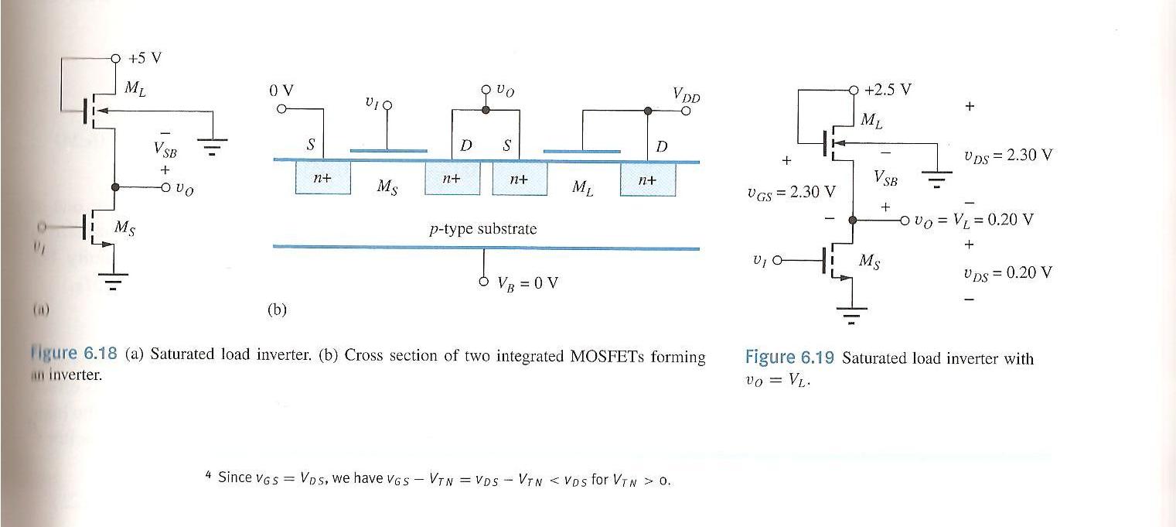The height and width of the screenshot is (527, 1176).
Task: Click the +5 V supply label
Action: click(x=145, y=58)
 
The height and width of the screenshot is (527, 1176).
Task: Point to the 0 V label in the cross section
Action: click(x=281, y=91)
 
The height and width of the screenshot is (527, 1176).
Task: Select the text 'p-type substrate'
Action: click(x=482, y=229)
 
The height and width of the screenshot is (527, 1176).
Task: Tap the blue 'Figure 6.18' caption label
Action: click(x=74, y=354)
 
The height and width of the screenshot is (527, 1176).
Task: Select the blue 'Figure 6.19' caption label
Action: click(x=790, y=358)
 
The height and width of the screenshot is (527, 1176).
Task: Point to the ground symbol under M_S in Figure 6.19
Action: click(x=852, y=313)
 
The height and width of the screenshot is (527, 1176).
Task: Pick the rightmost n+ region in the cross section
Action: click(x=647, y=180)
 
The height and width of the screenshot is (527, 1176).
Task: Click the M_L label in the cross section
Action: click(x=583, y=187)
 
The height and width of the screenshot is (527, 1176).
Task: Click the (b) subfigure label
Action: click(x=277, y=310)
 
